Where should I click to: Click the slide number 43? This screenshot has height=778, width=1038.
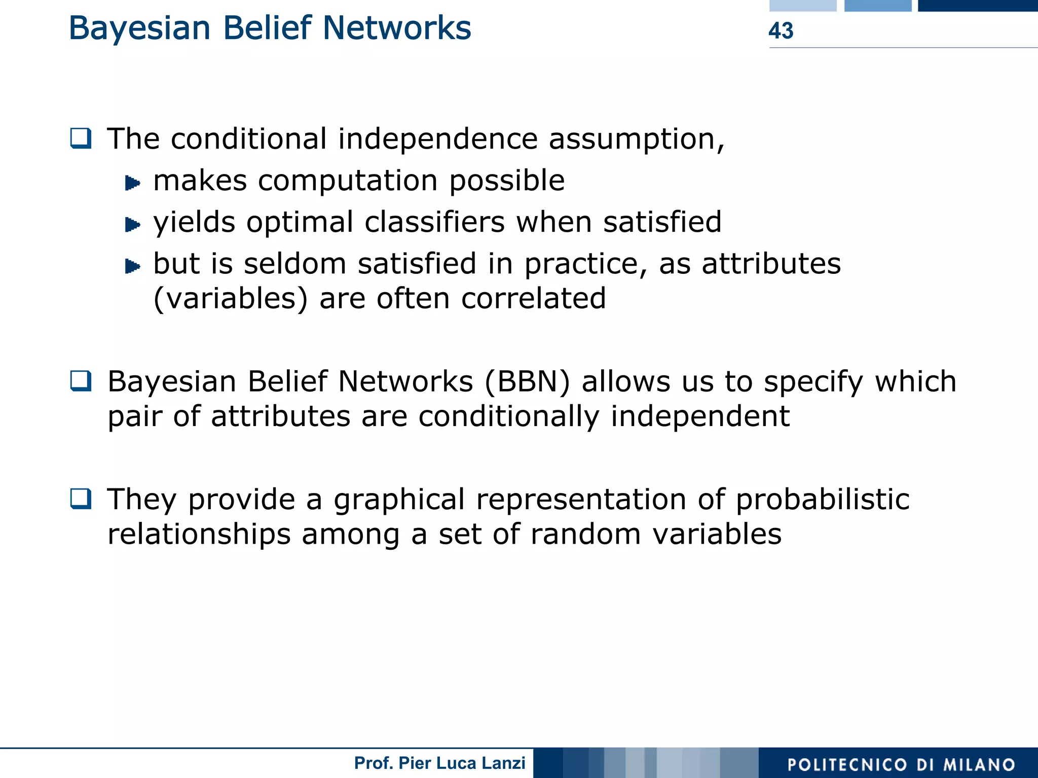(x=781, y=30)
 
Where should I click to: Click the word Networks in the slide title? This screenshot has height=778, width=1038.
(x=397, y=28)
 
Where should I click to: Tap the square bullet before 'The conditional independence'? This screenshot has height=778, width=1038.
(x=81, y=138)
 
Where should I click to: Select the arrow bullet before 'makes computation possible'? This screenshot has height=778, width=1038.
(x=132, y=183)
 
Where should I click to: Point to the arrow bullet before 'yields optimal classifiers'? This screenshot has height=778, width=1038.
(x=132, y=224)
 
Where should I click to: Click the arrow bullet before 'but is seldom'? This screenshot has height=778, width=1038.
(x=132, y=266)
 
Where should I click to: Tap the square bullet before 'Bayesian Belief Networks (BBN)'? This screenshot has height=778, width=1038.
(x=81, y=381)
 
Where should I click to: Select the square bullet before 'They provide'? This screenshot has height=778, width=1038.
(x=81, y=499)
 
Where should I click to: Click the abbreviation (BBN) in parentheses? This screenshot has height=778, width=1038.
(x=527, y=381)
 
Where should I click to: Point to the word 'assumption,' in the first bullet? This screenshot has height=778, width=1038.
(x=637, y=139)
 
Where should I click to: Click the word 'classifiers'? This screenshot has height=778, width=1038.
(x=434, y=222)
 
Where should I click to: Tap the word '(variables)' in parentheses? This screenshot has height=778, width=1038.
(x=230, y=298)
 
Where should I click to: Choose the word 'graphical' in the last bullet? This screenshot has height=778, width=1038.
(x=399, y=500)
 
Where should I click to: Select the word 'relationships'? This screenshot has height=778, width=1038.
(x=199, y=534)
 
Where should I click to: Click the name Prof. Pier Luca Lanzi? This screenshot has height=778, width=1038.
(x=439, y=763)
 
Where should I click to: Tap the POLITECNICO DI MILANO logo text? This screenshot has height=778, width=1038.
(x=901, y=764)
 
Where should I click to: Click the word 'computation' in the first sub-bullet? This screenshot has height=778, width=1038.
(x=348, y=181)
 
